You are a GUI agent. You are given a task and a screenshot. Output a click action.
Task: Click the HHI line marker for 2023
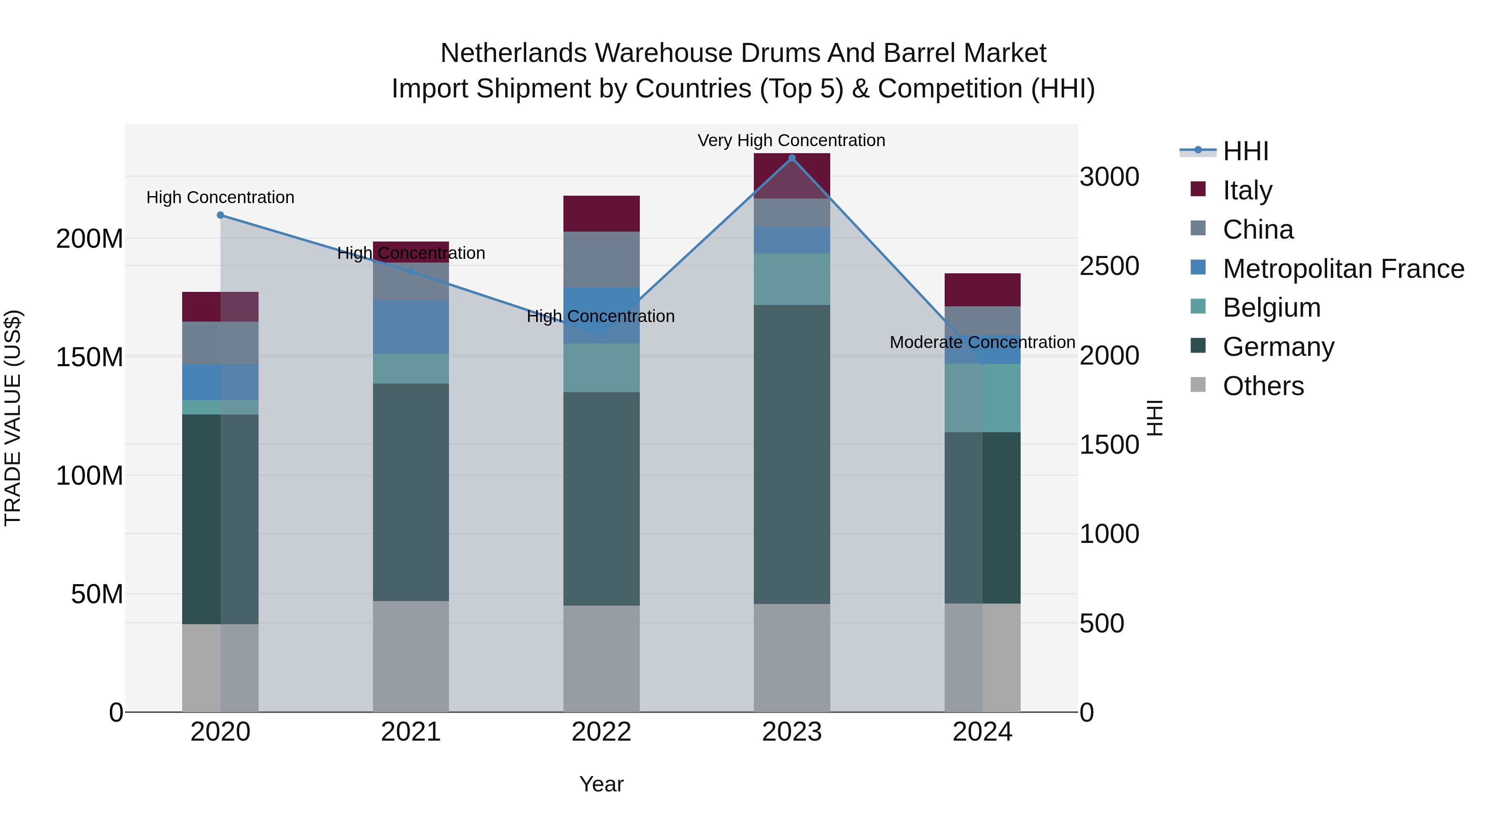coord(791,158)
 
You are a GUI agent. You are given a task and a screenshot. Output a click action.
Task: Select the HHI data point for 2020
coord(221,215)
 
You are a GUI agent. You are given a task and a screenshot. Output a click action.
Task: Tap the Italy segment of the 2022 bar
coord(601,213)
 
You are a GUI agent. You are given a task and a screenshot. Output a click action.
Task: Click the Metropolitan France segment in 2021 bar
coord(411,327)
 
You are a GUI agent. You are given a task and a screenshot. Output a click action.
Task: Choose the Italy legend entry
coord(1247,190)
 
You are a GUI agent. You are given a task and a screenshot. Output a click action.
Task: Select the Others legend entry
coord(1263,386)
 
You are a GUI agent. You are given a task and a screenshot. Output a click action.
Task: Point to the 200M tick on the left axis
coord(90,238)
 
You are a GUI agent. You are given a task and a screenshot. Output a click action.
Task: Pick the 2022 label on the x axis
coord(601,732)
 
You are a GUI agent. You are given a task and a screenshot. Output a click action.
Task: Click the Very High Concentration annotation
coord(791,140)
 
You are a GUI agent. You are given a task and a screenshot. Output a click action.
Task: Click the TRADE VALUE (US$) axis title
coord(13,418)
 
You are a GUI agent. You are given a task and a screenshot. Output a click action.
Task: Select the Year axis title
coord(601,784)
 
